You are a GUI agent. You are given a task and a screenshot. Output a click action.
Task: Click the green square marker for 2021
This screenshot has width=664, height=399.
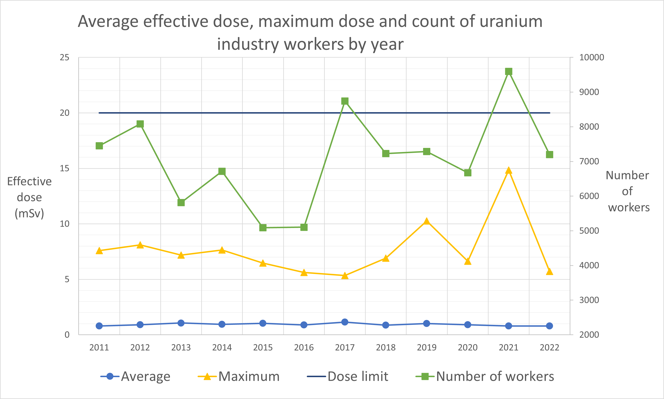pos(509,72)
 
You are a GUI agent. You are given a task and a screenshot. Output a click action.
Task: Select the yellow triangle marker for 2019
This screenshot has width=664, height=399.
pos(427,221)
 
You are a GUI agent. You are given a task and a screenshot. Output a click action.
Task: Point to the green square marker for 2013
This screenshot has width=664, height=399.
pos(181,202)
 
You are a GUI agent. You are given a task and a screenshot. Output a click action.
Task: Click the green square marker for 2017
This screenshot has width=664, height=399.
pos(345,101)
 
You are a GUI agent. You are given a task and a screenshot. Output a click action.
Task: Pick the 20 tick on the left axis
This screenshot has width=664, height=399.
pos(65,113)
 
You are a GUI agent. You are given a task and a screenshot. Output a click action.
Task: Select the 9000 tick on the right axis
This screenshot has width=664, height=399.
pos(589,92)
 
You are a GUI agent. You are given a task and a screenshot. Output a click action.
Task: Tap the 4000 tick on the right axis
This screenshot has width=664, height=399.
pos(589,265)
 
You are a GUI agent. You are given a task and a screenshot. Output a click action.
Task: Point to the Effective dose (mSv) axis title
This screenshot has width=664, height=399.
pos(29,197)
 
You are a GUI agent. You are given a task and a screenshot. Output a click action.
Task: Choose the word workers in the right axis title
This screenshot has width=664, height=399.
pos(629,208)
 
